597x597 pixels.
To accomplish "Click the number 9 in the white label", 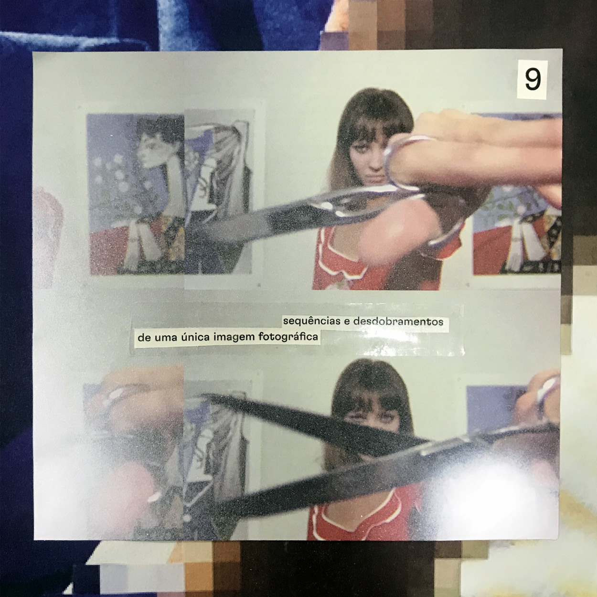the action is (533, 80).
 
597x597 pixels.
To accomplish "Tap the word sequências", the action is (312, 321).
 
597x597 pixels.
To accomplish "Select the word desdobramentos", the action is (398, 321).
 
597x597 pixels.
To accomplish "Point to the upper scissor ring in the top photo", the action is (403, 161).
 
